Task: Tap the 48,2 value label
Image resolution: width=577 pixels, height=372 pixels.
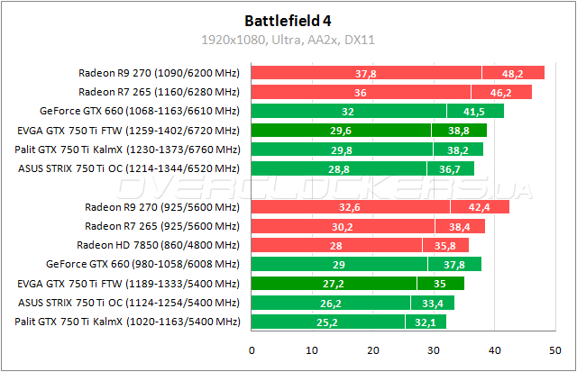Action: click(513, 73)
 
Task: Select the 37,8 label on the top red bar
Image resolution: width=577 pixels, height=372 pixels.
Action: click(366, 73)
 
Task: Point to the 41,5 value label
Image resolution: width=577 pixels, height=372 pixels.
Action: click(474, 112)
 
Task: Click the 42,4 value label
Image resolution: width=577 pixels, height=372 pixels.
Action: click(480, 207)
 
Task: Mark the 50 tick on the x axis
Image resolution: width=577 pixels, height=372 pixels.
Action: click(554, 350)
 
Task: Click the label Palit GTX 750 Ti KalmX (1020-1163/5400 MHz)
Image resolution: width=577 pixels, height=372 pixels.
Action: click(128, 322)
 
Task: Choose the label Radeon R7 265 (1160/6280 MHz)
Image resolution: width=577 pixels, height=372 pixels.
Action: click(159, 92)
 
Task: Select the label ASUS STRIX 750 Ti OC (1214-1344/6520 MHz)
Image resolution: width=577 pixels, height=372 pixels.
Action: click(129, 168)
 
